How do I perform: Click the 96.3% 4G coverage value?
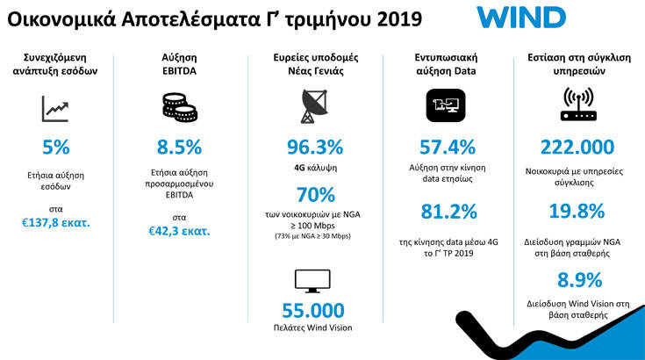[314, 147]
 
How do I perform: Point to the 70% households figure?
[315, 194]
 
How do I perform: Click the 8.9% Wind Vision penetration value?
[579, 280]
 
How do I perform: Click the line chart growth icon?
[55, 109]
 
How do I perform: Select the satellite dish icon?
[313, 106]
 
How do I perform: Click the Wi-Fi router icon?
[577, 104]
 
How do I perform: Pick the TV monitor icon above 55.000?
[315, 280]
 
